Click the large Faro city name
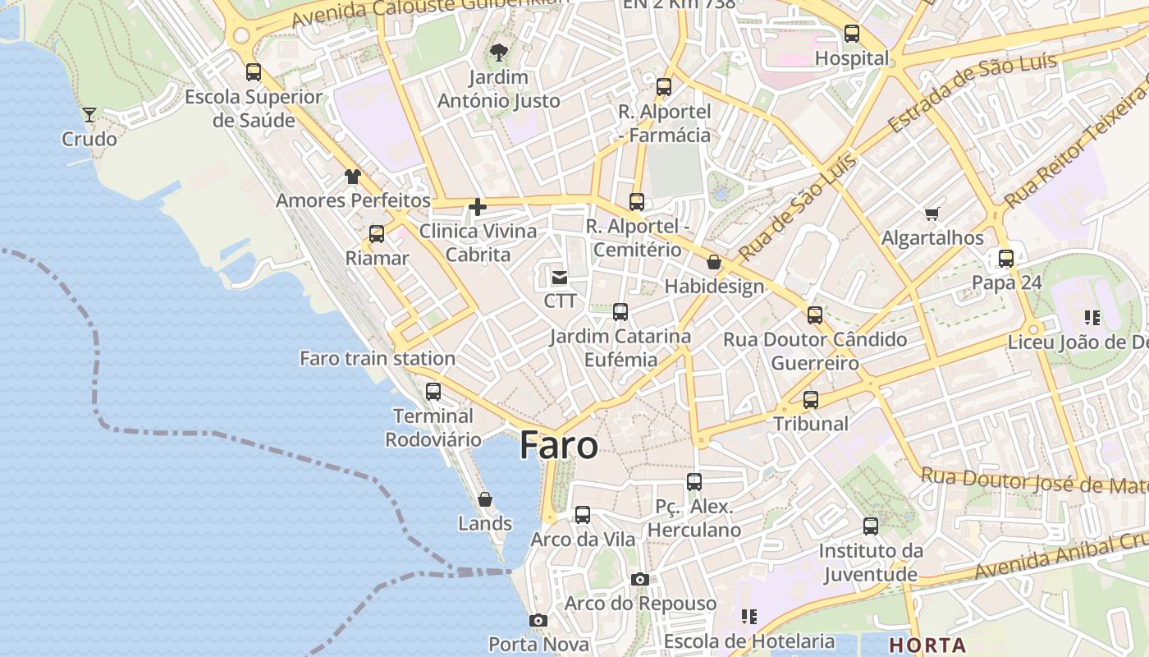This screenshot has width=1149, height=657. (x=559, y=445)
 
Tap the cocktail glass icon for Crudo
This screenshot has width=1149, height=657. (x=89, y=114)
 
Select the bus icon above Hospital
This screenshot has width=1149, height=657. (x=852, y=34)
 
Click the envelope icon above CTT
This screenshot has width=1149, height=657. (x=560, y=278)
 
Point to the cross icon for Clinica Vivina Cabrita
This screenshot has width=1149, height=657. (x=477, y=207)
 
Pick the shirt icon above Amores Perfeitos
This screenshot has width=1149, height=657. (x=352, y=176)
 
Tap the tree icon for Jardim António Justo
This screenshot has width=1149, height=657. (x=498, y=53)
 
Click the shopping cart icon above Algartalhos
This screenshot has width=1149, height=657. (x=932, y=214)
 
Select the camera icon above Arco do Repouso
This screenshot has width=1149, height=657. (x=640, y=579)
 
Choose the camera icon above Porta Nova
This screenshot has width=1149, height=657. (x=538, y=620)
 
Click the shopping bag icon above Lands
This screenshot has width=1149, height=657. (x=485, y=499)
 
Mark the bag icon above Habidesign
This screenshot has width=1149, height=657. (x=714, y=262)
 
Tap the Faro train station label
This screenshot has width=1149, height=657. (x=378, y=358)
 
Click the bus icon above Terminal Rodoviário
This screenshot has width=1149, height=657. (x=433, y=391)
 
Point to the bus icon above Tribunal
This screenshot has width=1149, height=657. (x=811, y=399)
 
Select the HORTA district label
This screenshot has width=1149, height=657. (x=927, y=645)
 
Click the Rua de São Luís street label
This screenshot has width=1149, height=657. (x=797, y=207)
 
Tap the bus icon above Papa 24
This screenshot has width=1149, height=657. (x=1006, y=258)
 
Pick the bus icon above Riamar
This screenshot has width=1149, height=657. (x=377, y=233)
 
